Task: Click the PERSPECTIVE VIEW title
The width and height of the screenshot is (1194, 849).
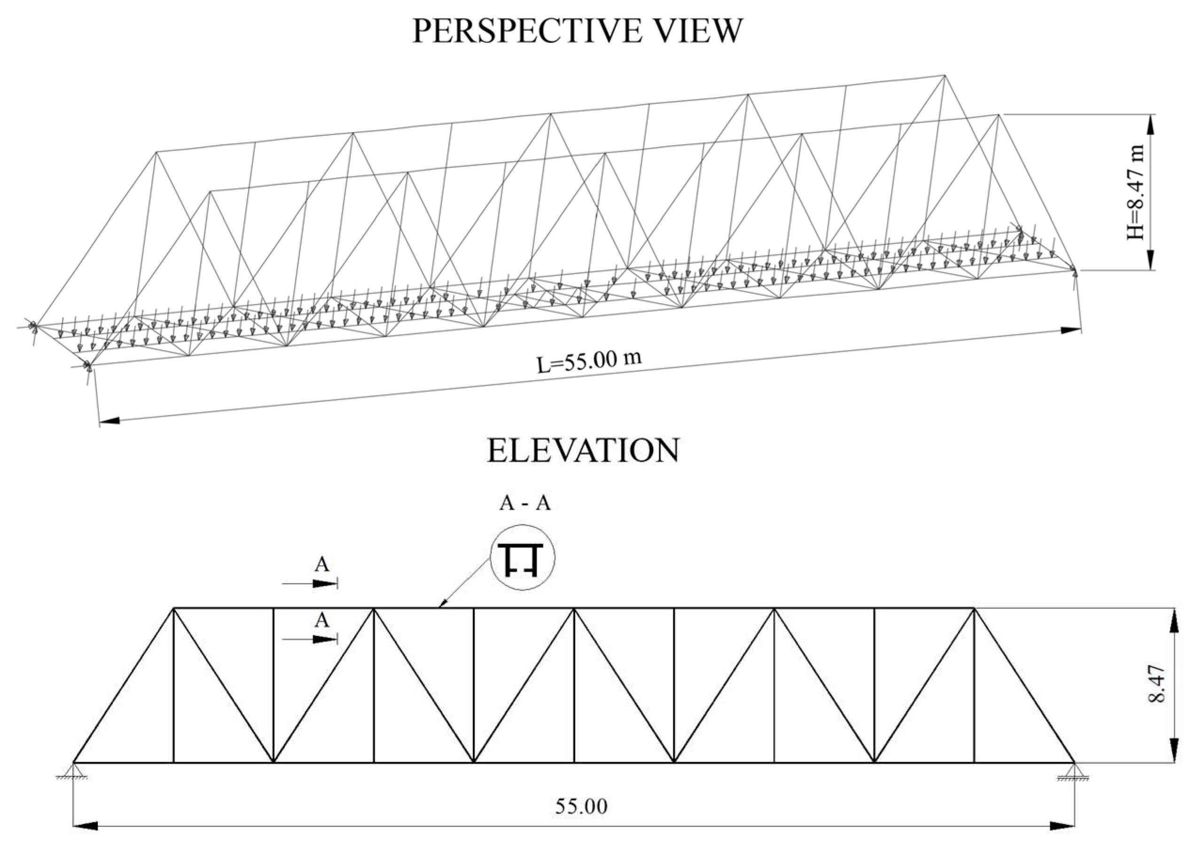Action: [577, 31]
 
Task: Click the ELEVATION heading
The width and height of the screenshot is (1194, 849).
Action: [583, 451]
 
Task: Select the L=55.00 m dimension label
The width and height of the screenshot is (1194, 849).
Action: [589, 362]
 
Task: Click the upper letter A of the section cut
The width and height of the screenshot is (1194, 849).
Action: [322, 565]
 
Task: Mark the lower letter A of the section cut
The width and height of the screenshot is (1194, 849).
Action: [322, 621]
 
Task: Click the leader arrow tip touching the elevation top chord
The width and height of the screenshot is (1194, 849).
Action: [440, 607]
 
